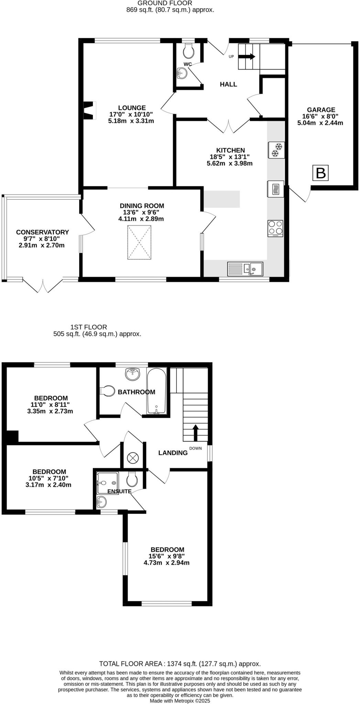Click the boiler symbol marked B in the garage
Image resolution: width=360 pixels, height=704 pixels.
point(320,173)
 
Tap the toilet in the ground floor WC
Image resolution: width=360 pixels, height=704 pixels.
point(188,52)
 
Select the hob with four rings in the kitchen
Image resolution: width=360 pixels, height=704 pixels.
point(275,228)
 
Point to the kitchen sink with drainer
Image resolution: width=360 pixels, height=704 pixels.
point(245,269)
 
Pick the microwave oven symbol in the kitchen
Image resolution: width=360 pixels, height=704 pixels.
point(275,189)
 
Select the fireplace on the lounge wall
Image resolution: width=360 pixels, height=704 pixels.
point(89,110)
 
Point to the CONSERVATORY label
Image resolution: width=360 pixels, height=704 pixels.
point(43,232)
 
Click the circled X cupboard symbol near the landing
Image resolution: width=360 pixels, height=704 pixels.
point(132,458)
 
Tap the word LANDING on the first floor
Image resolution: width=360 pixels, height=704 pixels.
point(173,453)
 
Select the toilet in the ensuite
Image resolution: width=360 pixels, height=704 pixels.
point(132,478)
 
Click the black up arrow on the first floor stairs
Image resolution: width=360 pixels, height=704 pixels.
point(196,433)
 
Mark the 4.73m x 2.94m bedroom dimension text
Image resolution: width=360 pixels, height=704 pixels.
point(166,563)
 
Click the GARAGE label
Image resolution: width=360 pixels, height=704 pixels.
point(321,110)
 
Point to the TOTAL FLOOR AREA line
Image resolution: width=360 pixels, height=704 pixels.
point(180,664)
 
